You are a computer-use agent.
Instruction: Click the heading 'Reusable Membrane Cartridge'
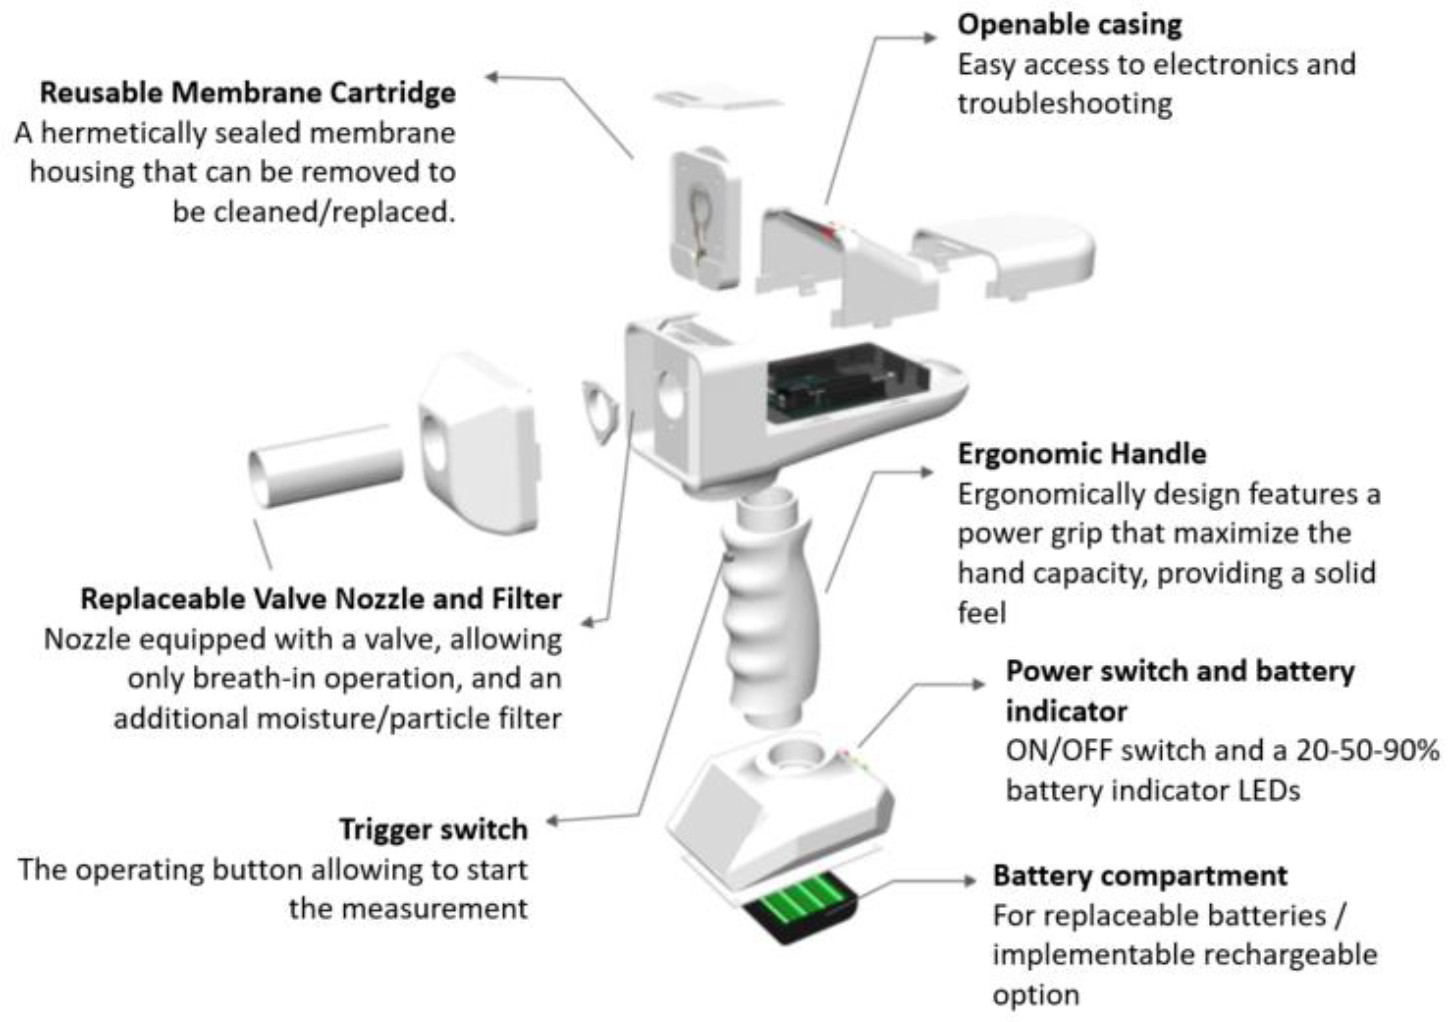[x=247, y=93]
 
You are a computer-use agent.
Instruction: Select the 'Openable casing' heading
[x=1069, y=25]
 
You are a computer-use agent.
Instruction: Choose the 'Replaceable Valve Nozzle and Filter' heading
[x=321, y=599]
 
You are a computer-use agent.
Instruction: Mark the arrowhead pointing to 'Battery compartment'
[x=970, y=881]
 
